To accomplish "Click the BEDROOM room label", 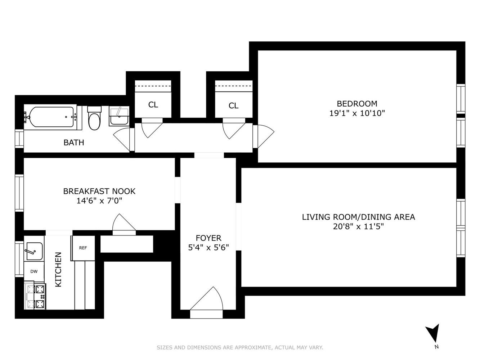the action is click(357, 103).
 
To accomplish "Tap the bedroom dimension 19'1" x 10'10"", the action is click(357, 113).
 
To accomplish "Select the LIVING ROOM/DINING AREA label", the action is click(358, 217).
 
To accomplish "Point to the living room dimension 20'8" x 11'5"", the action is click(358, 227).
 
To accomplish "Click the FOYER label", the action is click(208, 238).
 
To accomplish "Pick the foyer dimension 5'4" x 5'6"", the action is click(208, 247).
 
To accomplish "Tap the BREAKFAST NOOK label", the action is click(99, 191).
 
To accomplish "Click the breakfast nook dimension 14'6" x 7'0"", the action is click(99, 201).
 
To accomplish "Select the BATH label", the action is click(74, 143).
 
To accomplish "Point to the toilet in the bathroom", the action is click(94, 118).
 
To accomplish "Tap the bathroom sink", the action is click(119, 117).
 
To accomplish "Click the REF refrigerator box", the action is click(83, 248).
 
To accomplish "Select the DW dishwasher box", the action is click(34, 271).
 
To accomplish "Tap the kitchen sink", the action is click(34, 251).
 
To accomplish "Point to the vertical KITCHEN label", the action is click(58, 270).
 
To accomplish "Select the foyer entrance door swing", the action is click(207, 298).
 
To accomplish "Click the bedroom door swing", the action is click(264, 136).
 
